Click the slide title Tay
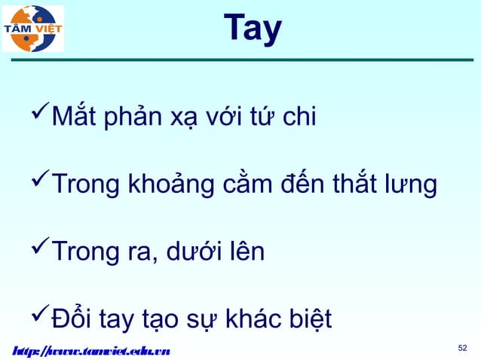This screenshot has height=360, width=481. (252, 29)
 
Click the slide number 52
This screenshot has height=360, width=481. (463, 347)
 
